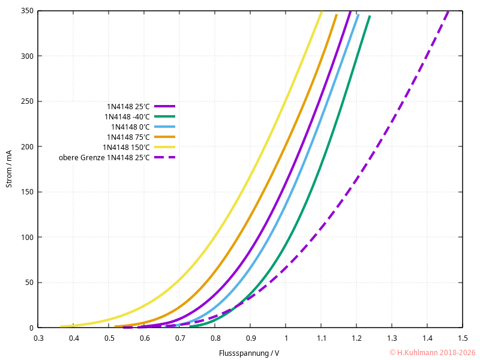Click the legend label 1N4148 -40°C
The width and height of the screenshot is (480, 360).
point(127,116)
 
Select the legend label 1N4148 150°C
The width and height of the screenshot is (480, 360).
point(126,148)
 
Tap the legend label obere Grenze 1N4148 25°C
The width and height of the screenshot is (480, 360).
point(104,158)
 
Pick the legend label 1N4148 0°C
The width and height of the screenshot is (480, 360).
point(130,127)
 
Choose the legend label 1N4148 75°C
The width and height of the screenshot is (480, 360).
point(128,137)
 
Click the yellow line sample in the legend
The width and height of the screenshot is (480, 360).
point(164,147)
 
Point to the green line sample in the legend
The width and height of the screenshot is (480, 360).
point(164,116)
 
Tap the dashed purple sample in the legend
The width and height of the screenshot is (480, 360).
point(164,157)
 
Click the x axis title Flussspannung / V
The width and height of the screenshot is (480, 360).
point(249,353)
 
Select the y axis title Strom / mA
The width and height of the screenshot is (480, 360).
point(9,169)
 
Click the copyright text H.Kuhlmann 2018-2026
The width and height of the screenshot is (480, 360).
point(432,353)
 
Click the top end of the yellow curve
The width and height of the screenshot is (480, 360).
point(321,12)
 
